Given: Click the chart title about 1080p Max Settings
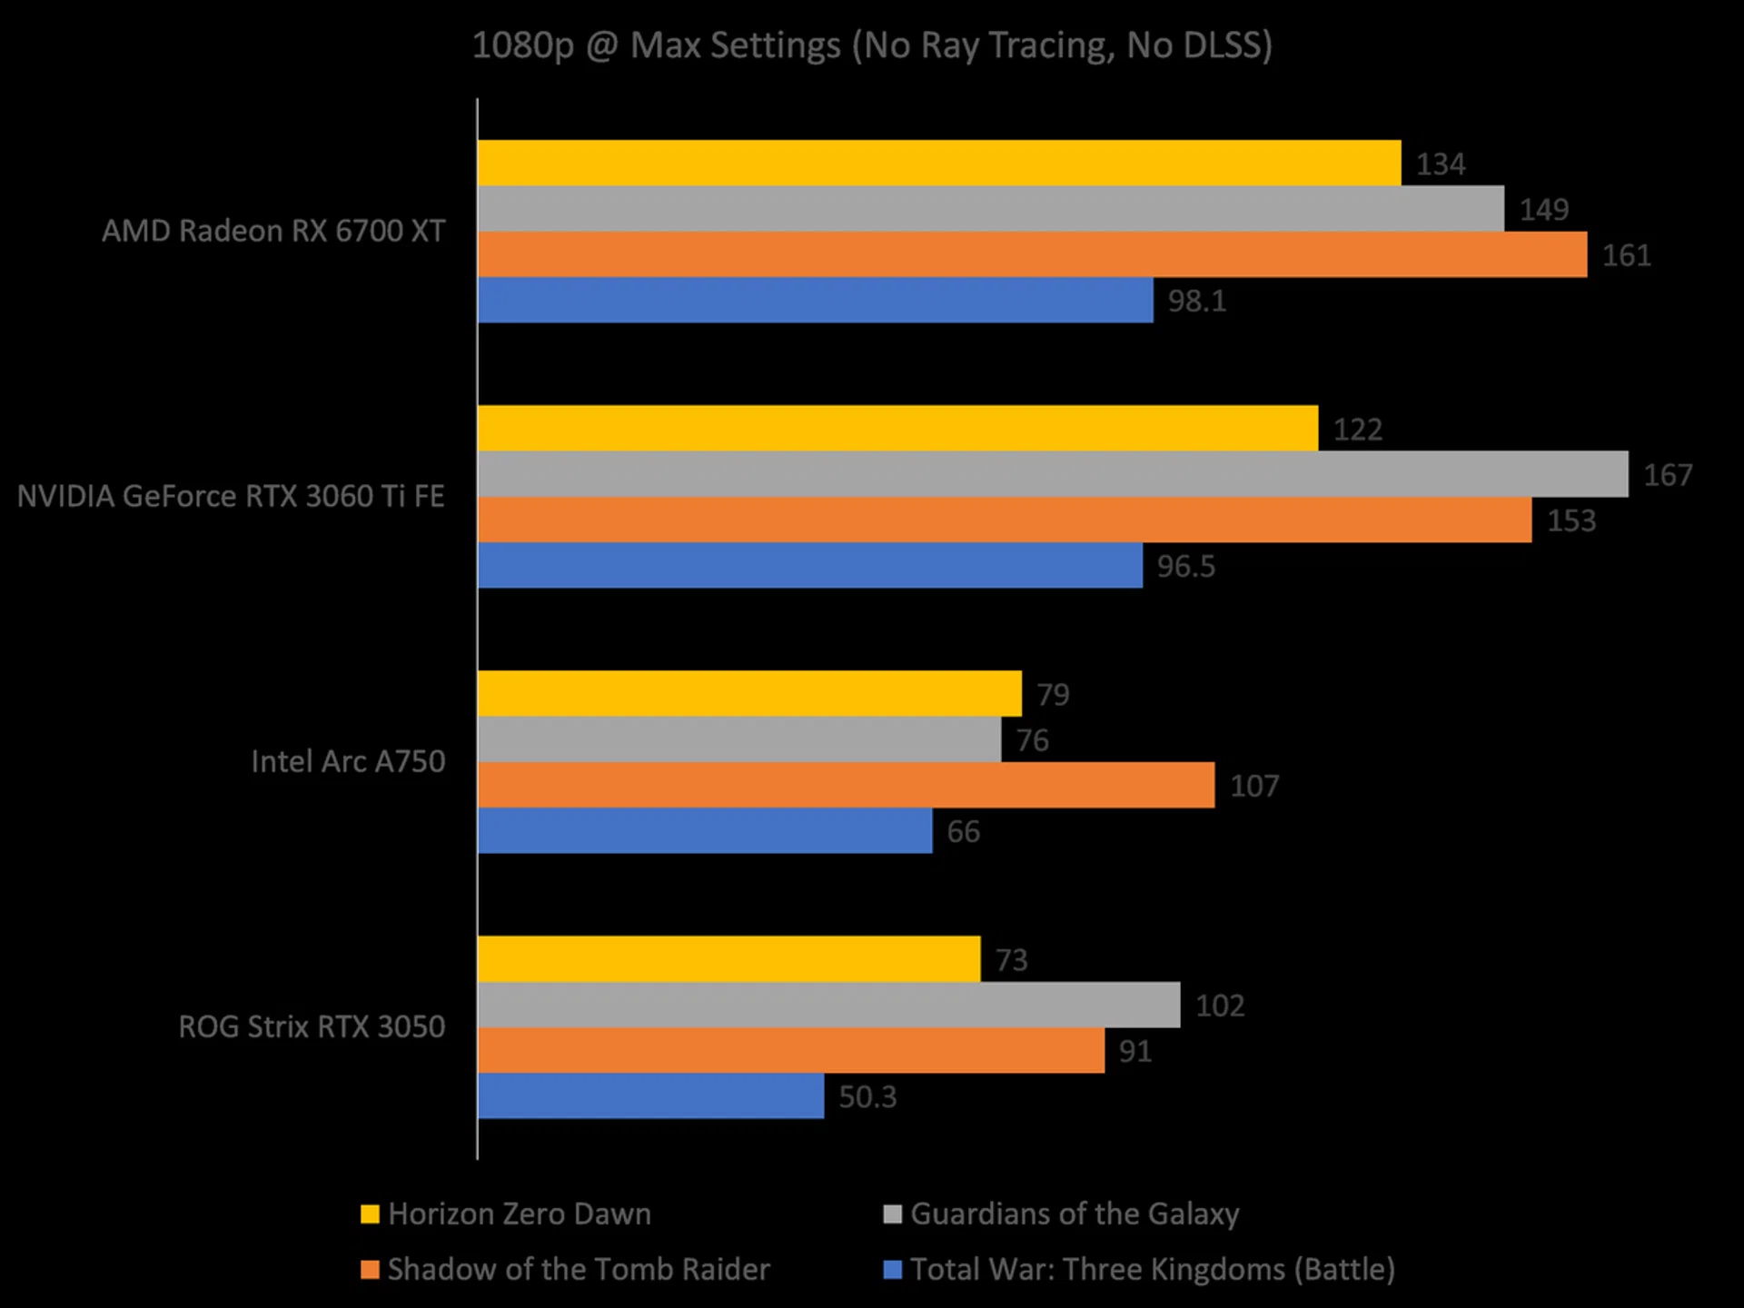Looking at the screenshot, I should tap(872, 45).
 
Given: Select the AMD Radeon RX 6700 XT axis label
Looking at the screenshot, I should tap(273, 231).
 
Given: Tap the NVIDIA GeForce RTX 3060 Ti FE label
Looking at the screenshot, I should tap(231, 496).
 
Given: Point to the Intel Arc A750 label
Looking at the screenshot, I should tap(348, 761).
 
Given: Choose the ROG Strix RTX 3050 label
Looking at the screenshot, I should tap(312, 1026).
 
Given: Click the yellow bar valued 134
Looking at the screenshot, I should tap(939, 163).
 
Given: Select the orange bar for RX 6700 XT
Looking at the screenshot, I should tap(1033, 254).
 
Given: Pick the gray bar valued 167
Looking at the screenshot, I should tap(1053, 474).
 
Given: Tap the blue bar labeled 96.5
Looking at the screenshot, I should tap(810, 565).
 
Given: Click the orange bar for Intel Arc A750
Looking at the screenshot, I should tap(846, 785).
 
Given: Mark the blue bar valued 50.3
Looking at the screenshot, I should tap(650, 1095).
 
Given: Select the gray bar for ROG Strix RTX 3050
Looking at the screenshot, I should tap(828, 1005).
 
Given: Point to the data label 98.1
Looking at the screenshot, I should tap(1197, 301).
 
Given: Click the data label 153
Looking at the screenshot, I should tap(1571, 520).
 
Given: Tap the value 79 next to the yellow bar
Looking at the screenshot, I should tap(1054, 695).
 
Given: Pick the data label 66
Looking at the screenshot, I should tap(964, 831).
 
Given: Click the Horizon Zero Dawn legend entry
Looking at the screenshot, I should tap(519, 1214).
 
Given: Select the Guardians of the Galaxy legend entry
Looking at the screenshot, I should tap(1075, 1214).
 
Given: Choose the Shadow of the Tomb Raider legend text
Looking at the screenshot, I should tap(579, 1269).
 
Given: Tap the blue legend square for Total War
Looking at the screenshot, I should tap(893, 1269).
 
